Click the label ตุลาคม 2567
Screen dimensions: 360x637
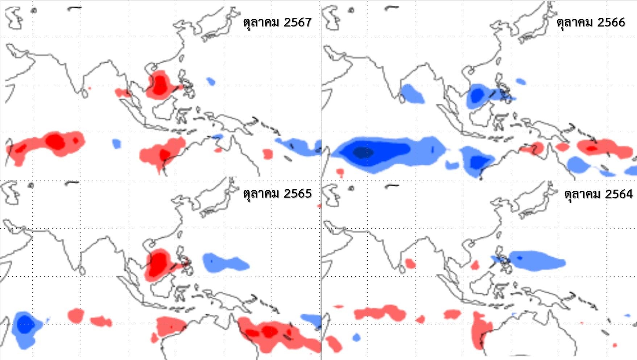coord(277,22)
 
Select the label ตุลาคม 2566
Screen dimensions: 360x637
coord(591,22)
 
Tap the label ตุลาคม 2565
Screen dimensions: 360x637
coord(277,194)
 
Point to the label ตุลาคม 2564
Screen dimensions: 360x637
coord(598,194)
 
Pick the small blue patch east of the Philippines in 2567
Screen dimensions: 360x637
coord(211,81)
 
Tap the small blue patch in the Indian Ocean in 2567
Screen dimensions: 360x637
coord(116,144)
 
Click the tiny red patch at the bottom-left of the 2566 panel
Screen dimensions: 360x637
coord(340,172)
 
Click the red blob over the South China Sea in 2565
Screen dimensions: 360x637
coord(158,264)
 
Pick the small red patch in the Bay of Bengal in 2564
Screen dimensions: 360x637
coord(410,263)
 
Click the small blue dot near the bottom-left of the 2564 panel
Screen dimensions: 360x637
coord(356,338)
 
